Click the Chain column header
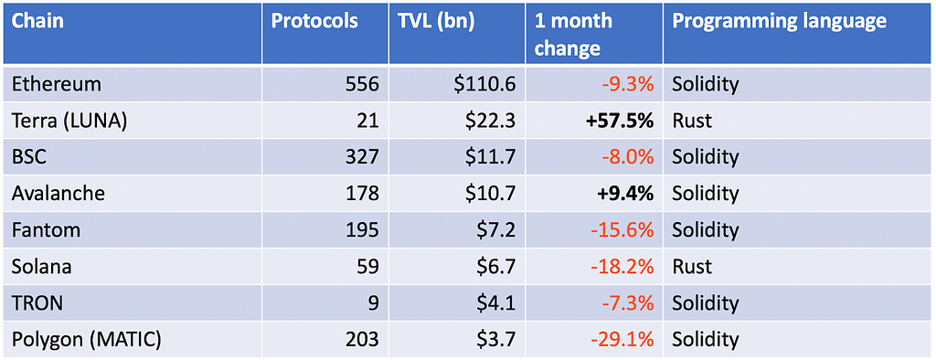[x=38, y=22]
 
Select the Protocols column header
[x=314, y=22]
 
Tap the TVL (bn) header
[x=436, y=22]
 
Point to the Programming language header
[x=779, y=23]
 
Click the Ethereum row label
[x=56, y=84]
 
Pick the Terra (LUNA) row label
[x=69, y=122]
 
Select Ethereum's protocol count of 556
[x=362, y=84]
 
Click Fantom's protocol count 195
[x=362, y=230]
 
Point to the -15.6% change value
[x=622, y=230]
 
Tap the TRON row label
[x=37, y=302]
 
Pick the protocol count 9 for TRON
[x=374, y=302]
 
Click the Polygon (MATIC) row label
[x=86, y=340]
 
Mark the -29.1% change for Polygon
[x=622, y=339]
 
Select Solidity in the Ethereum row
[x=706, y=84]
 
